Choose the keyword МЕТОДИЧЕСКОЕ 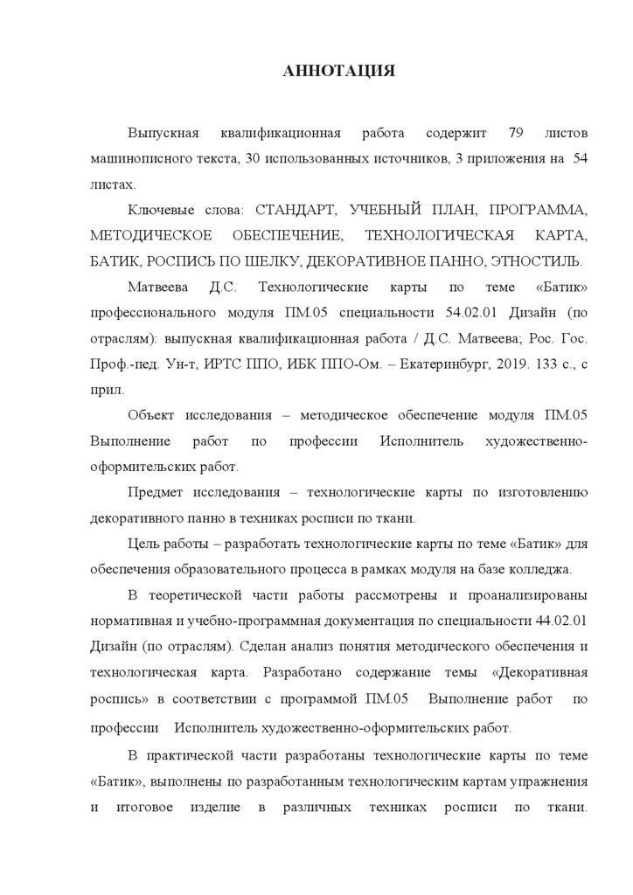point(150,237)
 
